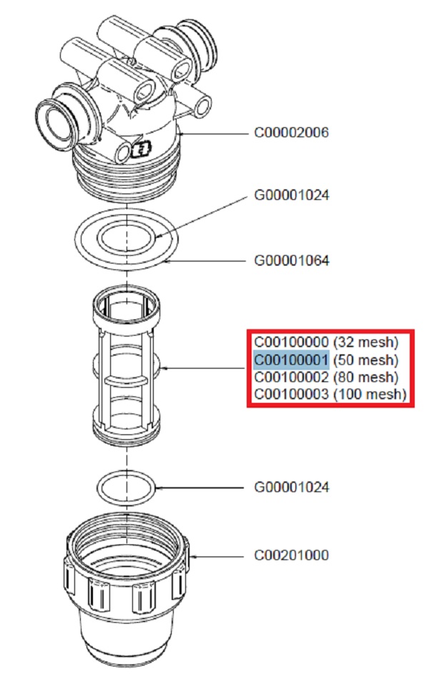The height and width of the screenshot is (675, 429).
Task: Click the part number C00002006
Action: (292, 133)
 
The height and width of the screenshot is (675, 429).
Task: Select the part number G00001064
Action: (292, 261)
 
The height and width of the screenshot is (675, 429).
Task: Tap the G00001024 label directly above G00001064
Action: (292, 195)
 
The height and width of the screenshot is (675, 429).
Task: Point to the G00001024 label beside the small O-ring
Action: (292, 488)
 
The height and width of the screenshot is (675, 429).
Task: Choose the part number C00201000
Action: (292, 555)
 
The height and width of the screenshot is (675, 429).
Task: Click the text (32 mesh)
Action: (365, 341)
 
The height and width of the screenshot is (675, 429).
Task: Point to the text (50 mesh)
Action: (365, 359)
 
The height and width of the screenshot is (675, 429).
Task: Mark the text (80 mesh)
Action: (365, 376)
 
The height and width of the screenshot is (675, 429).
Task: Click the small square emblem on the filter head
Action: (140, 151)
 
